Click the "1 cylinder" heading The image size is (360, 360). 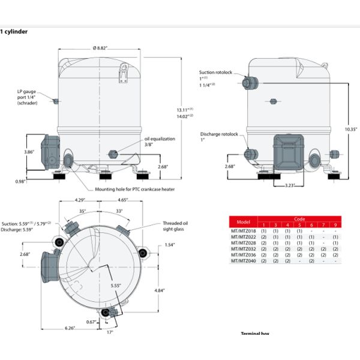pos(14,31)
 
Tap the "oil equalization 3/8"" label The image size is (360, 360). pos(158,141)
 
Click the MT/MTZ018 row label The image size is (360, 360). pos(243,230)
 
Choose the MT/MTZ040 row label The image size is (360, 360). pos(243,260)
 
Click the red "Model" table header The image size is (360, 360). pos(243,221)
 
